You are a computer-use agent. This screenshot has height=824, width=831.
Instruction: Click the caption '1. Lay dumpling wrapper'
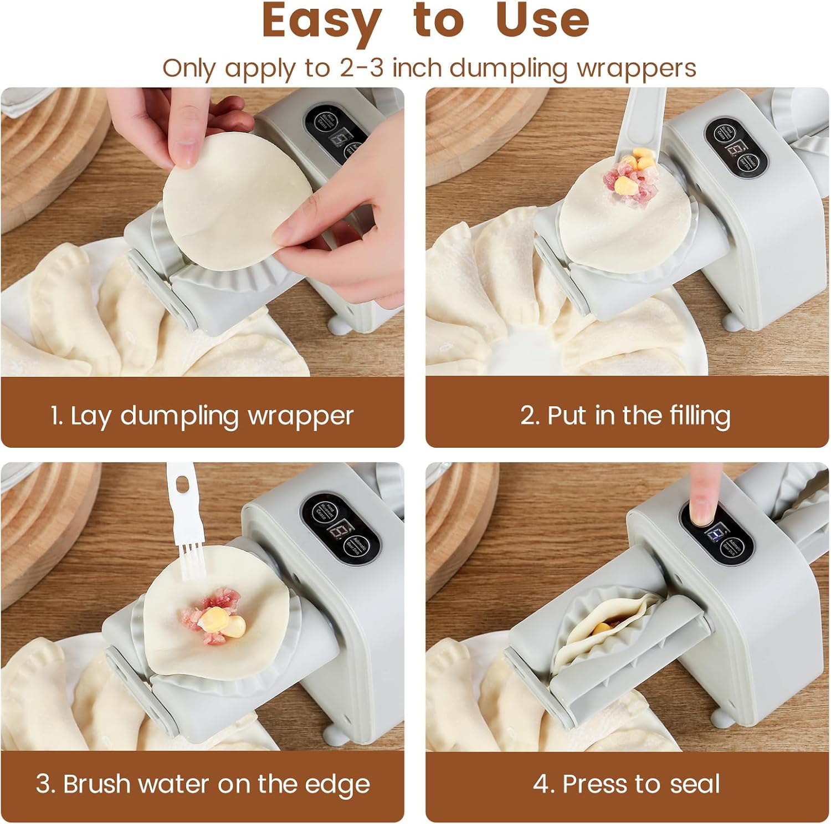click(x=202, y=416)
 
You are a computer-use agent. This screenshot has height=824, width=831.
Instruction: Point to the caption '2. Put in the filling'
click(x=625, y=416)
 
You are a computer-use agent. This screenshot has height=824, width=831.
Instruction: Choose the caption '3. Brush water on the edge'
click(x=203, y=784)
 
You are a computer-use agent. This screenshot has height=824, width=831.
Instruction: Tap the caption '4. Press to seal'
click(x=627, y=784)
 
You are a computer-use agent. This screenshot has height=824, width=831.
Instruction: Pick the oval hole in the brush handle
click(x=180, y=484)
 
